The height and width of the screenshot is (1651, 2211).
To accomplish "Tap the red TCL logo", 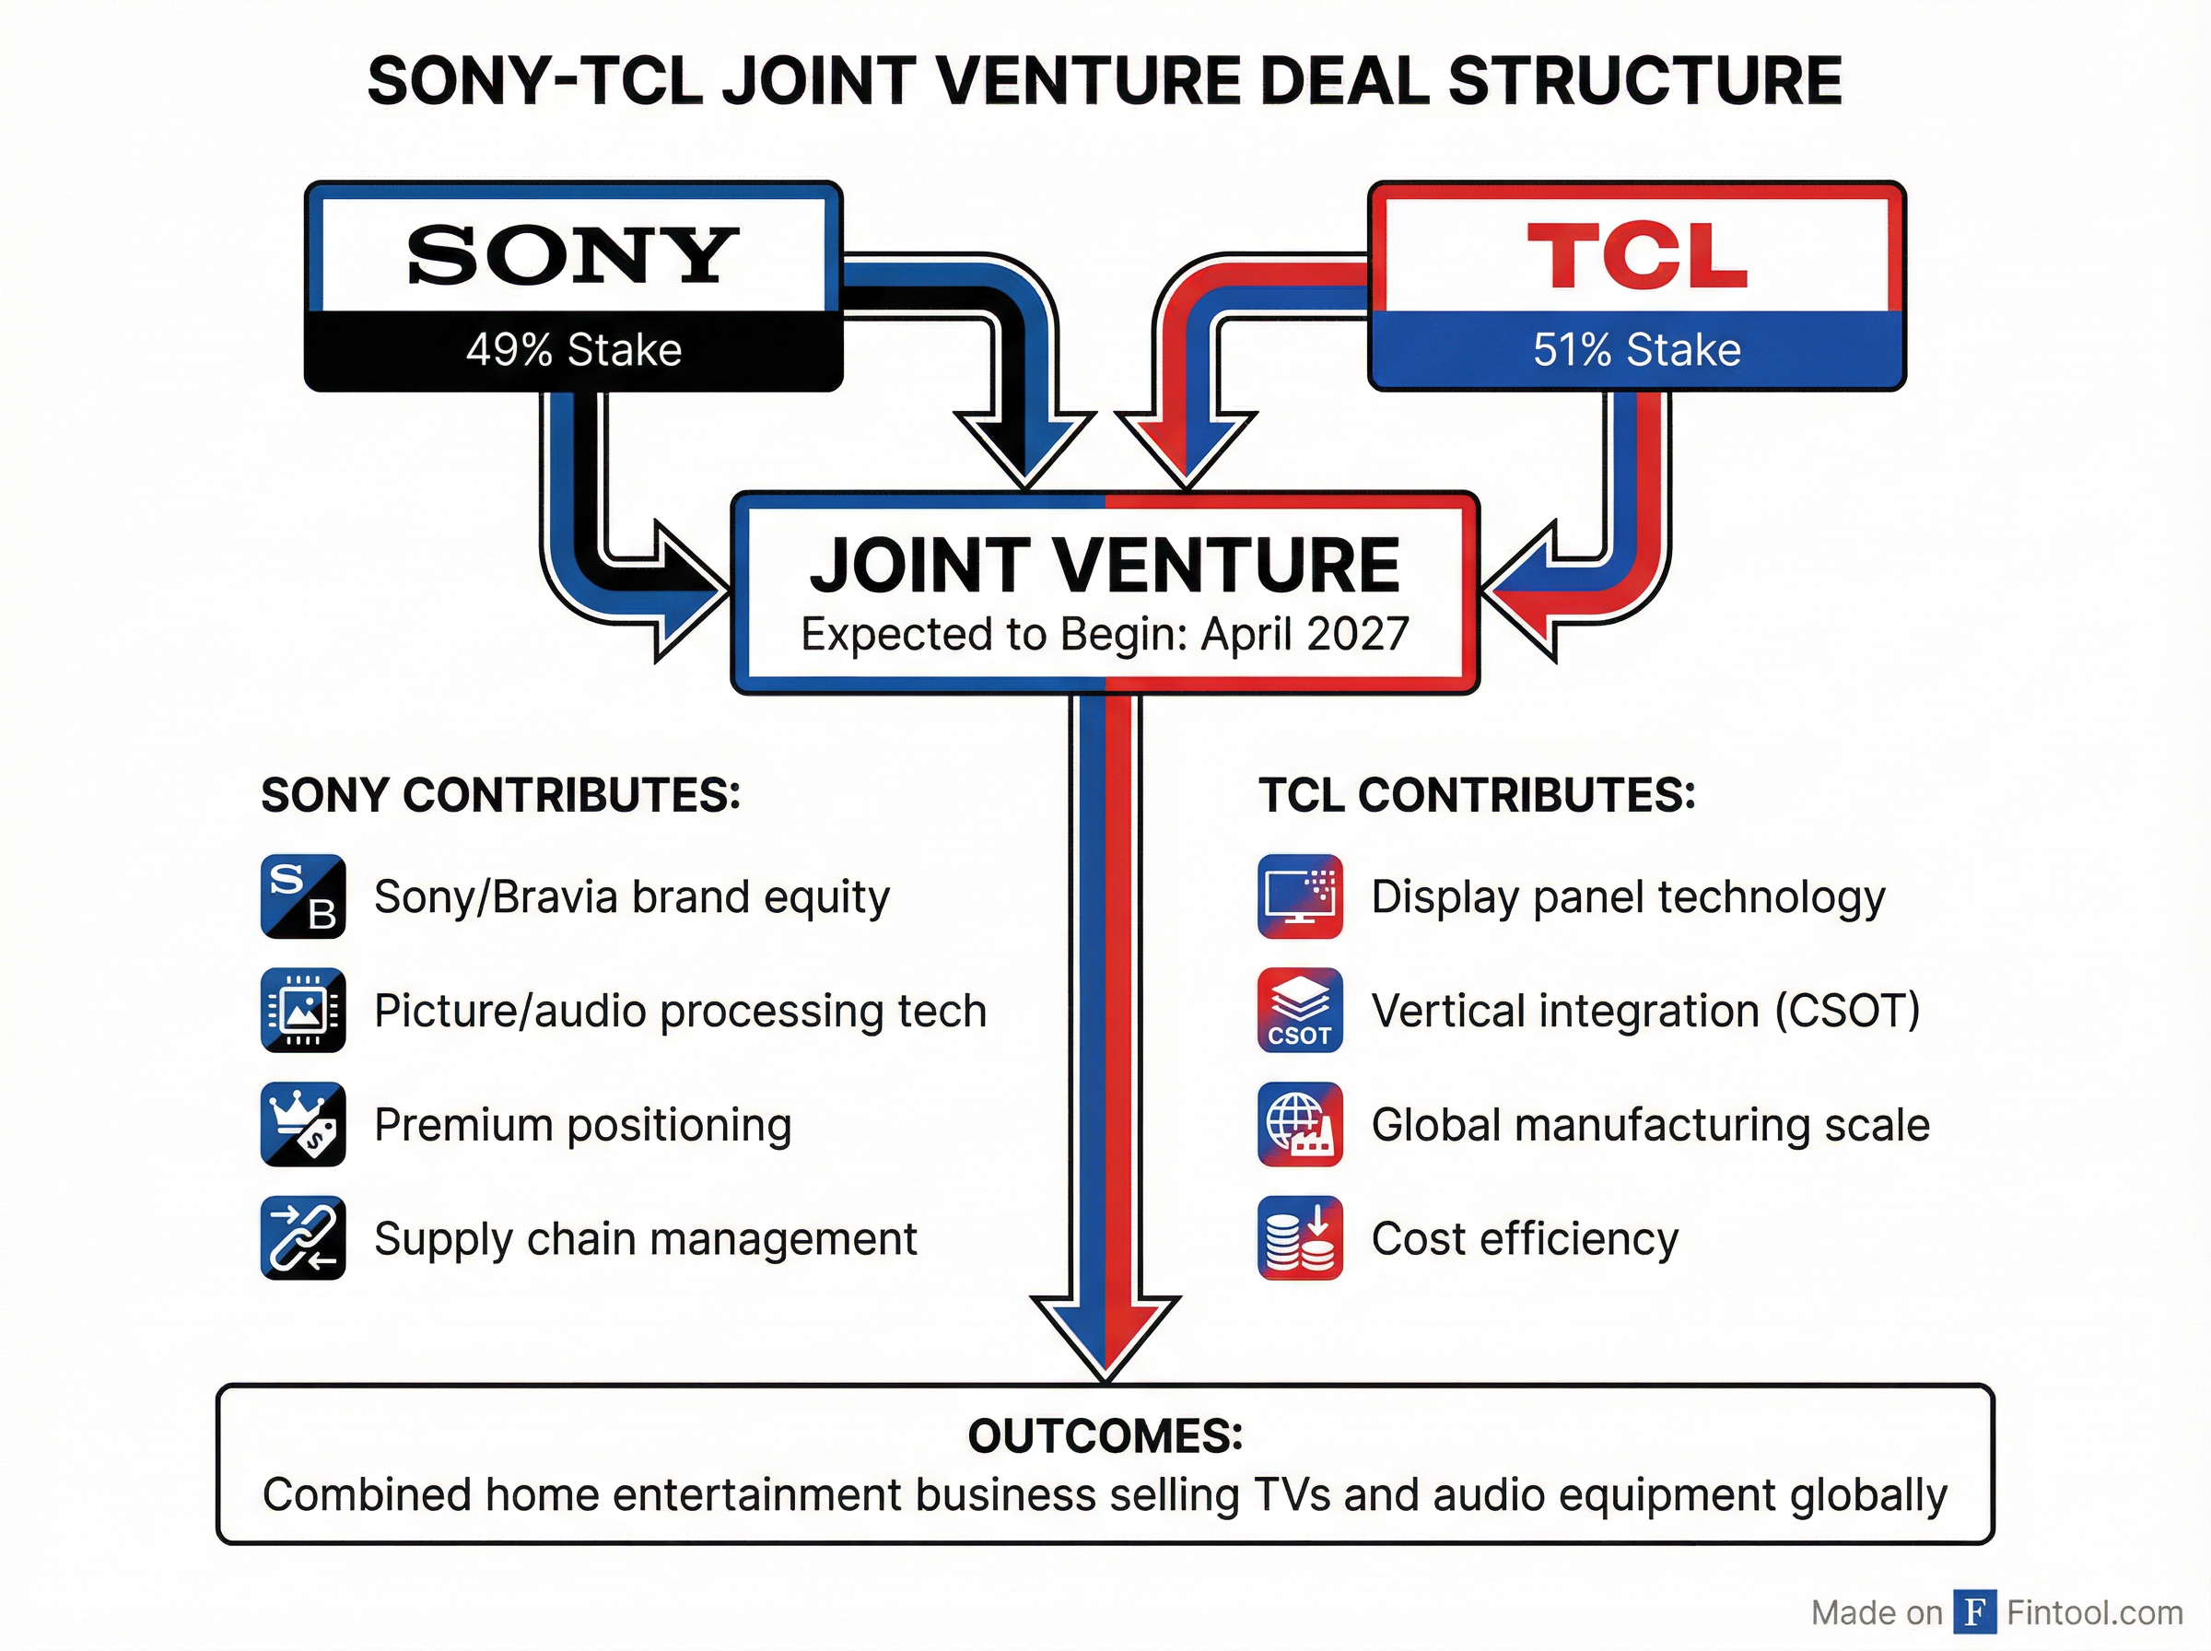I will (x=1636, y=256).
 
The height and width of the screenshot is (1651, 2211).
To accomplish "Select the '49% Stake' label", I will (x=574, y=350).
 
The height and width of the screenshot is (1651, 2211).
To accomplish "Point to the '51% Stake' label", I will (x=1636, y=350).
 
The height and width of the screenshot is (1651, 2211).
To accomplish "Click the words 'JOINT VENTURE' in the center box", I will (x=1104, y=566).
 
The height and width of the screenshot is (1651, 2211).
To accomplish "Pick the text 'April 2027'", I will (x=1304, y=634).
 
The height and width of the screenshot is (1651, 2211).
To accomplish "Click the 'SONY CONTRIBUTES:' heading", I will (x=500, y=795).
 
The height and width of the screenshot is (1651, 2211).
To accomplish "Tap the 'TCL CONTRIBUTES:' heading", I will (x=1477, y=795).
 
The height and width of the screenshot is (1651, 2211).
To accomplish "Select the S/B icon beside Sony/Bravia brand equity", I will (x=303, y=896).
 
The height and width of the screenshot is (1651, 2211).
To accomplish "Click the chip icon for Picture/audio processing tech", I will (x=303, y=1011).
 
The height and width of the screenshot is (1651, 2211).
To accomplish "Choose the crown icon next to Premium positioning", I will (x=303, y=1124).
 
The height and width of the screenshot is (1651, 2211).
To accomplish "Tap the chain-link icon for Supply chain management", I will (x=303, y=1238).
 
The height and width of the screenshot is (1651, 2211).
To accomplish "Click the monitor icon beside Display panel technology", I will (x=1300, y=896).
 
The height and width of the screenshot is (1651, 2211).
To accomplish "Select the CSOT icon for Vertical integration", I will (x=1300, y=1011).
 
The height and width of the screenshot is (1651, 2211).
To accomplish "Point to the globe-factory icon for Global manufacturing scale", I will (x=1300, y=1124).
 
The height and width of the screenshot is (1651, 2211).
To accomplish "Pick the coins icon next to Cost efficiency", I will (x=1300, y=1238).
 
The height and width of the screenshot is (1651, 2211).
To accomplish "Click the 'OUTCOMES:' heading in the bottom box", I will (x=1105, y=1436).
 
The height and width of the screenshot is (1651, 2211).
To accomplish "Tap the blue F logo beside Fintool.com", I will (x=1974, y=1611).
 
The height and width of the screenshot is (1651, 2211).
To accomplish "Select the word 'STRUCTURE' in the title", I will (x=1644, y=81).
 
